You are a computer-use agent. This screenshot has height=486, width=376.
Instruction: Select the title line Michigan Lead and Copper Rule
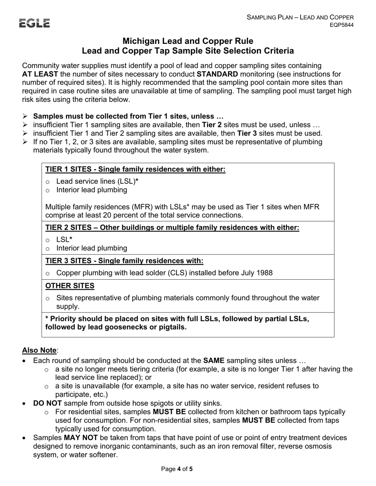pyautogui.click(x=188, y=41)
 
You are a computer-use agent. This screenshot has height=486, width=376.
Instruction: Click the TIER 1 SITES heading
pyautogui.click(x=135, y=170)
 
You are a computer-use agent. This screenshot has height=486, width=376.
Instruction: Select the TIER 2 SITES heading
pyautogui.click(x=172, y=228)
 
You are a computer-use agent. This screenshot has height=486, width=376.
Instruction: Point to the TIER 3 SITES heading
pyautogui.click(x=124, y=261)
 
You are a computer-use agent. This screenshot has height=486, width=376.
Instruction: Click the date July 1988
pyautogui.click(x=254, y=273)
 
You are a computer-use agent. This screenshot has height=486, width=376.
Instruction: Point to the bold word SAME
pyautogui.click(x=214, y=360)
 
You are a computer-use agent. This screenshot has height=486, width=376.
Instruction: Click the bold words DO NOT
pyautogui.click(x=47, y=403)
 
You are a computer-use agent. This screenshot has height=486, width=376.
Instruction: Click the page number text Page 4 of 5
pyautogui.click(x=177, y=469)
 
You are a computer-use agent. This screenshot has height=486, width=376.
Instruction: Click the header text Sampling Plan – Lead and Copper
pyautogui.click(x=300, y=17)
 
